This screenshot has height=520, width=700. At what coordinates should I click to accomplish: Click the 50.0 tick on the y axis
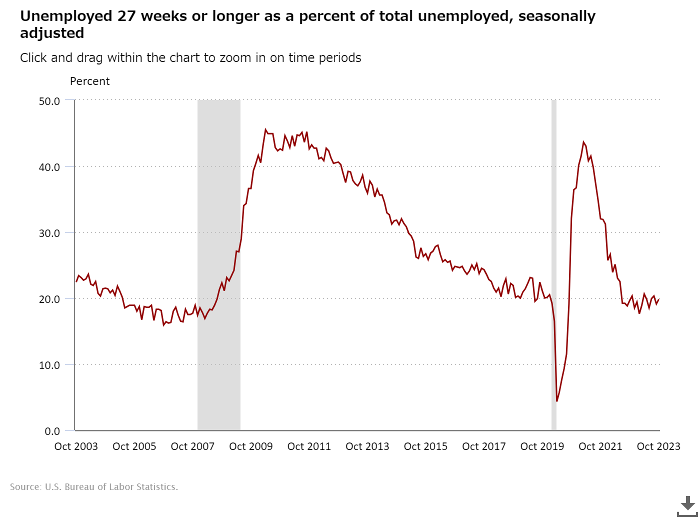(x=49, y=101)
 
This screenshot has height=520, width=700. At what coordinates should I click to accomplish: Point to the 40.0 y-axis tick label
(x=49, y=167)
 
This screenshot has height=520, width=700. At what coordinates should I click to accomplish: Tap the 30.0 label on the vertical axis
(x=49, y=233)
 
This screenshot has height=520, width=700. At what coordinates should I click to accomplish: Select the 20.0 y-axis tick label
(x=49, y=299)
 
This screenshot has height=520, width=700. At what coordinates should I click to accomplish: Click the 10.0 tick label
(x=49, y=365)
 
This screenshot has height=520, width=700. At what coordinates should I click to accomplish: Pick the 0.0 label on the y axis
(x=52, y=431)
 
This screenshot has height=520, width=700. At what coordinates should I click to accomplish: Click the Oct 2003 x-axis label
(x=76, y=446)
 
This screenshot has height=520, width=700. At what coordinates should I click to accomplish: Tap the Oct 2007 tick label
(x=192, y=446)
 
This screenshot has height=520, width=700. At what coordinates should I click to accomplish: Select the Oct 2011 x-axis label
(x=309, y=446)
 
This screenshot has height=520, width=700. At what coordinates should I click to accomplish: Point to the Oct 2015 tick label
(x=425, y=446)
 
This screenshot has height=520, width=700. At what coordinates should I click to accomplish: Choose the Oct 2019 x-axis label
(x=542, y=446)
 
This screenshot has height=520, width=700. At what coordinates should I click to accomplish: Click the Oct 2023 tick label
(x=658, y=446)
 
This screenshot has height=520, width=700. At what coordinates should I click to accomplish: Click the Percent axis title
(x=89, y=81)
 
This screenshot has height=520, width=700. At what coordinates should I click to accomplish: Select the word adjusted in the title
(x=52, y=33)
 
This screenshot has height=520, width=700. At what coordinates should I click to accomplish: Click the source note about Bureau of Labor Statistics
(x=94, y=487)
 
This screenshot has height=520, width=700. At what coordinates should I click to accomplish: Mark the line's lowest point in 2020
(x=556, y=401)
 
